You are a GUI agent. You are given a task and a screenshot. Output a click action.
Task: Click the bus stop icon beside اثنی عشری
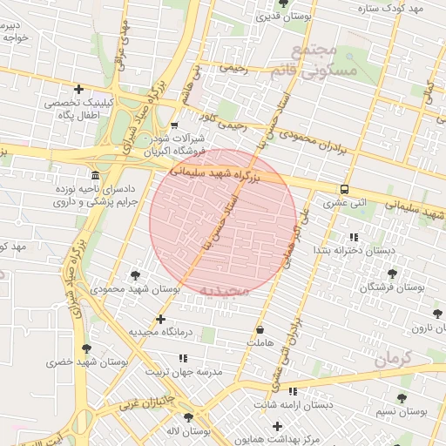(x=345, y=189)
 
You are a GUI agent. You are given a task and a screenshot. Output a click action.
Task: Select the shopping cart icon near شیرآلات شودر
(x=173, y=125)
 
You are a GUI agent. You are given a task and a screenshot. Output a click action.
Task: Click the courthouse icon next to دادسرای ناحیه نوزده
(x=96, y=173)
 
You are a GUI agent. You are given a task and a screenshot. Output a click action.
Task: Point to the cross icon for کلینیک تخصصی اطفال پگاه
(x=79, y=89)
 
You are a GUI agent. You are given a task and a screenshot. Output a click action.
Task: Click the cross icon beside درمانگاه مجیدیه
(x=159, y=319)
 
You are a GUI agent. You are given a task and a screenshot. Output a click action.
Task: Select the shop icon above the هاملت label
(x=260, y=330)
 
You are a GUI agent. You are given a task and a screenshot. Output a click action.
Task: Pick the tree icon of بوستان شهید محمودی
(x=134, y=274)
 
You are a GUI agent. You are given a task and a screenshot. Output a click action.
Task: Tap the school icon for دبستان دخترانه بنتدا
(x=354, y=237)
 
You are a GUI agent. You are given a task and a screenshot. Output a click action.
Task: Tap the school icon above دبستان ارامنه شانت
(x=292, y=392)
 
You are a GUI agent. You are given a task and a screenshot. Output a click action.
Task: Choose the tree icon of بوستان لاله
(x=188, y=418)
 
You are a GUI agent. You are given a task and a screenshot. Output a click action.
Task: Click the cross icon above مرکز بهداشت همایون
(x=277, y=426)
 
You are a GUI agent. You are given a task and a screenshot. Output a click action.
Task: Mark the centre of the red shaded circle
(x=223, y=223)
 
